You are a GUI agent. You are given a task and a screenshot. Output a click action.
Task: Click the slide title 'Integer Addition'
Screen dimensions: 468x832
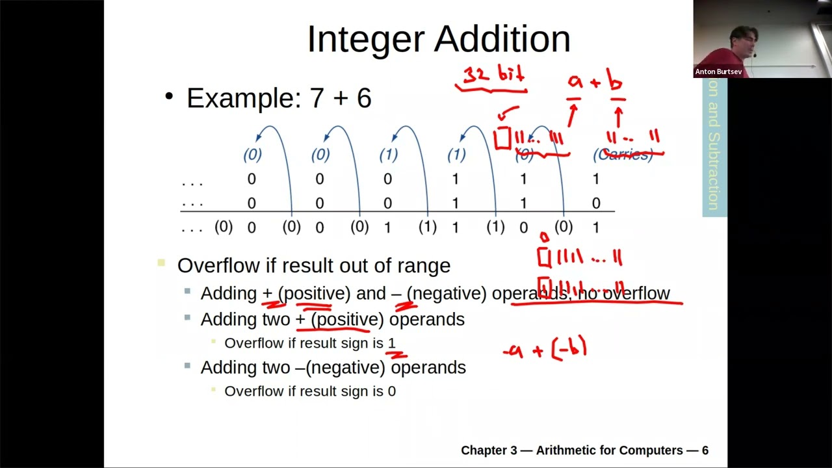tap(439, 39)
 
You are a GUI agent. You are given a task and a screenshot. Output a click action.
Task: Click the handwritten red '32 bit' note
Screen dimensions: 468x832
tap(493, 74)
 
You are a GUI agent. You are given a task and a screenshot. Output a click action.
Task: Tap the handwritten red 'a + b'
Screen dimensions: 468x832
tap(595, 82)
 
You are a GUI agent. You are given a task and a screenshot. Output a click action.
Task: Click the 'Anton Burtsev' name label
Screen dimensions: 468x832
tap(718, 71)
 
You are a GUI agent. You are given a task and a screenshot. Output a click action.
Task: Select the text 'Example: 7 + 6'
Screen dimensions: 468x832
tap(279, 98)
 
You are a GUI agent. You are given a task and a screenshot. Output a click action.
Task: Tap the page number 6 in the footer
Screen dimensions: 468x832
tap(705, 450)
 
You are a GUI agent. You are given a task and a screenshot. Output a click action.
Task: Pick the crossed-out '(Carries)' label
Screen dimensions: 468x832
tap(623, 155)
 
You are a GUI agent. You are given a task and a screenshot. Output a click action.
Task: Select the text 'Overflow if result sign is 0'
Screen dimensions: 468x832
tap(310, 391)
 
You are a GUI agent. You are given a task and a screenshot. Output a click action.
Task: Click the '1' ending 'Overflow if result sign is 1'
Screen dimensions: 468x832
tap(391, 343)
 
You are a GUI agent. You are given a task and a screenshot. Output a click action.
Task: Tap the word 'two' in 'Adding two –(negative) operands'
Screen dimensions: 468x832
tap(276, 367)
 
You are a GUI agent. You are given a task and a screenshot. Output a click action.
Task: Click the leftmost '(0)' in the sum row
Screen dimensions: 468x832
tap(224, 226)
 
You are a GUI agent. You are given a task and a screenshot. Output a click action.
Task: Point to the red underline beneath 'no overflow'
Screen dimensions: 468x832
tap(597, 303)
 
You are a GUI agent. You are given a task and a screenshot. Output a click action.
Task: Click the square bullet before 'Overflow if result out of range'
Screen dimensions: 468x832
tap(161, 263)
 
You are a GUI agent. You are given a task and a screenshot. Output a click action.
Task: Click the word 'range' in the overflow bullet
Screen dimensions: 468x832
tap(426, 265)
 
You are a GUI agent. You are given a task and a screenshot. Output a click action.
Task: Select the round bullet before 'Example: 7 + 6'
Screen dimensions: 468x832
tap(169, 97)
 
